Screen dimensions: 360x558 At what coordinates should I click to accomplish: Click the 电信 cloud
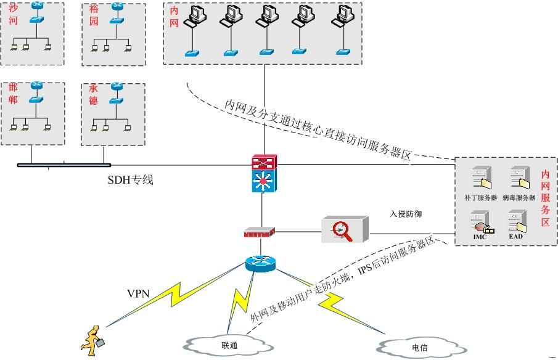[419, 347]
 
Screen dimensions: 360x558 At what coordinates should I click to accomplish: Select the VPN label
[138, 293]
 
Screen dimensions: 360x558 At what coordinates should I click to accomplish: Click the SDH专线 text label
[130, 180]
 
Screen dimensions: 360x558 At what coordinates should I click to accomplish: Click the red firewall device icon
[259, 232]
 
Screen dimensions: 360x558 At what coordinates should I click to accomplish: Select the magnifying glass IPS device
[343, 229]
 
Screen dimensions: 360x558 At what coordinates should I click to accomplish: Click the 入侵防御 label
[405, 214]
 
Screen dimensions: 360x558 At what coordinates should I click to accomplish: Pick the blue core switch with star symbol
[265, 181]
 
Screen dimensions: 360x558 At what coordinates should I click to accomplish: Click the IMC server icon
[480, 223]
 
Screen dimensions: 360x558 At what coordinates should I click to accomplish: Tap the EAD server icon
[516, 223]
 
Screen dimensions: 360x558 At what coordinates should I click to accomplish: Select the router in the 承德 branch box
[117, 87]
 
